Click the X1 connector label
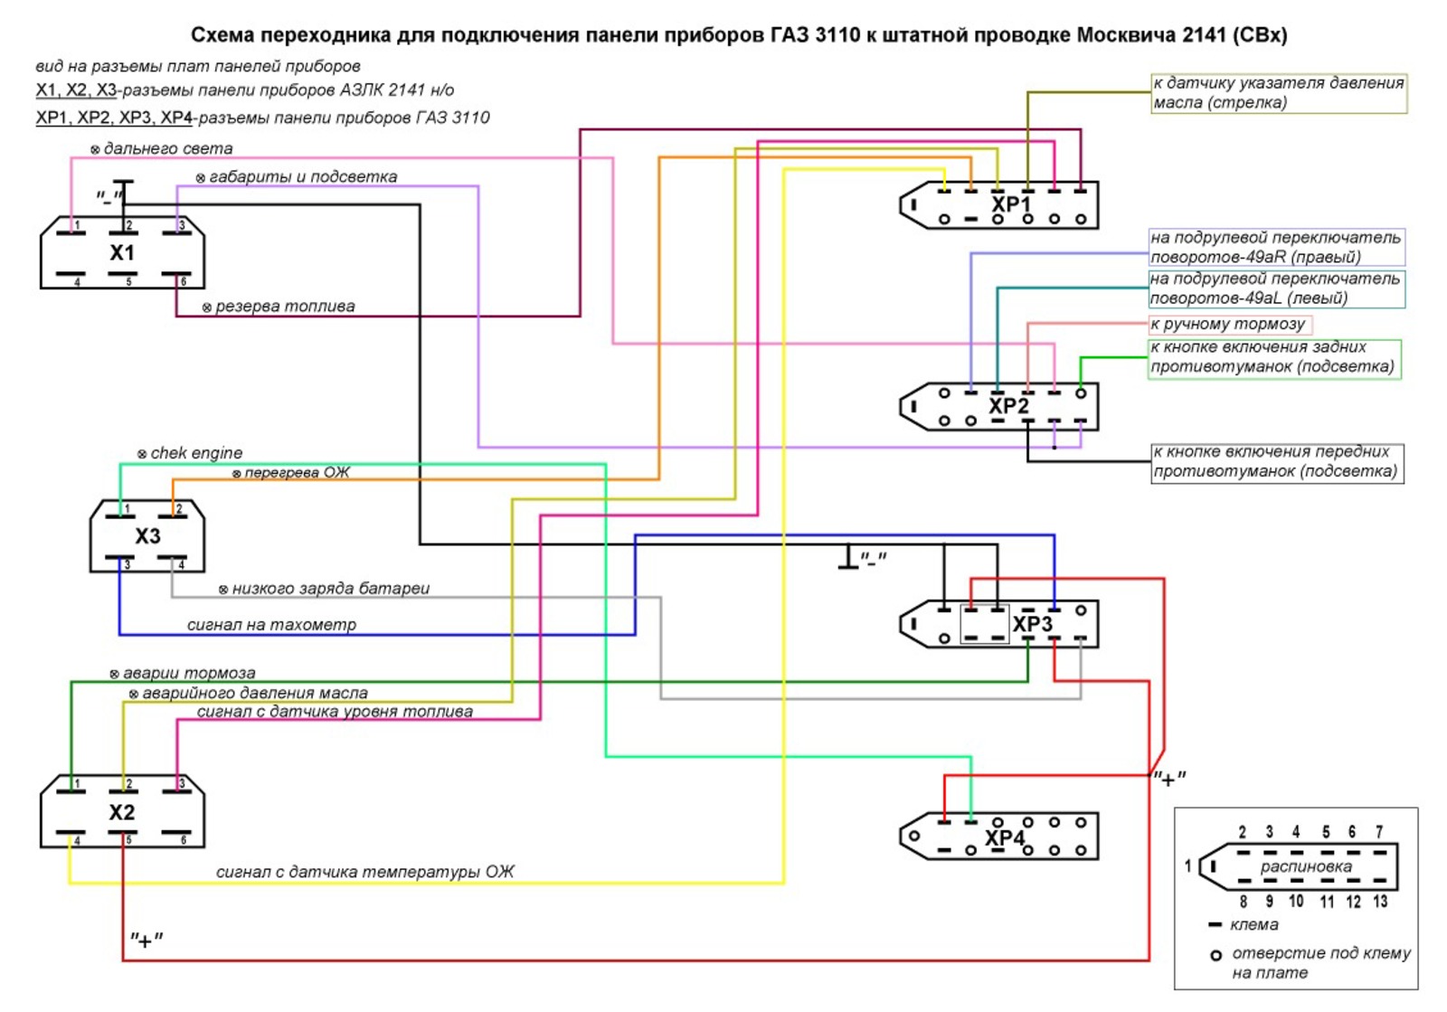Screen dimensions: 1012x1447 pyautogui.click(x=122, y=253)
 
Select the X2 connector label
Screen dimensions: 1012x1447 pyautogui.click(x=122, y=812)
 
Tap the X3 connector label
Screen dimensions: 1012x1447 pyautogui.click(x=147, y=536)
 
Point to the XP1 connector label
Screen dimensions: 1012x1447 pyautogui.click(x=1010, y=205)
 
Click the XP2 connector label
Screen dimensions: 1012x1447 pyautogui.click(x=1008, y=406)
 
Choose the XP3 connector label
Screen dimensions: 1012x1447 pyautogui.click(x=1032, y=625)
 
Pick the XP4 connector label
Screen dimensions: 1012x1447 pyautogui.click(x=1005, y=838)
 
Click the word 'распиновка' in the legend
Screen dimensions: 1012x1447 pyautogui.click(x=1306, y=866)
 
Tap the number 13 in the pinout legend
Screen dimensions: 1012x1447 pyautogui.click(x=1380, y=902)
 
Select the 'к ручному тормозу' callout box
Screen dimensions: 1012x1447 pyautogui.click(x=1228, y=324)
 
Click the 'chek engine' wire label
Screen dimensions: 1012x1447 pyautogui.click(x=196, y=453)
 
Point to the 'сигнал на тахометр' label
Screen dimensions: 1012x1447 pyautogui.click(x=271, y=625)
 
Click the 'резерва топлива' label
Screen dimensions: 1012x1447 pyautogui.click(x=285, y=307)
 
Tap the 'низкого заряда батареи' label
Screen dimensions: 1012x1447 pyautogui.click(x=330, y=589)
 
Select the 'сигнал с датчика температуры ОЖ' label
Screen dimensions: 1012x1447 pyautogui.click(x=364, y=872)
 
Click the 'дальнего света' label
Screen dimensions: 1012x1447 pyautogui.click(x=167, y=148)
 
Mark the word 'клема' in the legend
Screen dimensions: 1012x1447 pyautogui.click(x=1254, y=925)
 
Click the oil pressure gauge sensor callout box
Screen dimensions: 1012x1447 pyautogui.click(x=1279, y=93)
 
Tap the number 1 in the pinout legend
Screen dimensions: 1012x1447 pyautogui.click(x=1187, y=866)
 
